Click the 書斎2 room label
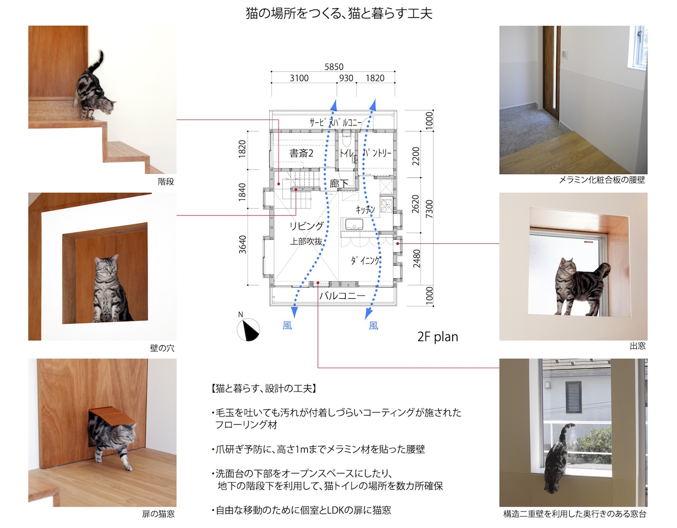(301, 153)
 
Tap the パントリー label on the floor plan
(377, 153)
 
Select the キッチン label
(365, 210)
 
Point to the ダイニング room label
(366, 260)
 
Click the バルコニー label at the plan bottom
(342, 295)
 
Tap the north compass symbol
(248, 329)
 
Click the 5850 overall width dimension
(334, 67)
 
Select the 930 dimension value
(346, 78)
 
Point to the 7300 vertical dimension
(429, 208)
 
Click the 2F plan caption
(438, 337)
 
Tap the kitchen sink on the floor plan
(354, 224)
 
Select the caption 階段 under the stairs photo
(166, 181)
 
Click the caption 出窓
(637, 346)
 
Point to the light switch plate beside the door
(564, 54)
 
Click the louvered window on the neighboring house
(573, 398)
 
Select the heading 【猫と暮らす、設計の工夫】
(264, 389)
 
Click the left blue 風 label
(287, 325)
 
